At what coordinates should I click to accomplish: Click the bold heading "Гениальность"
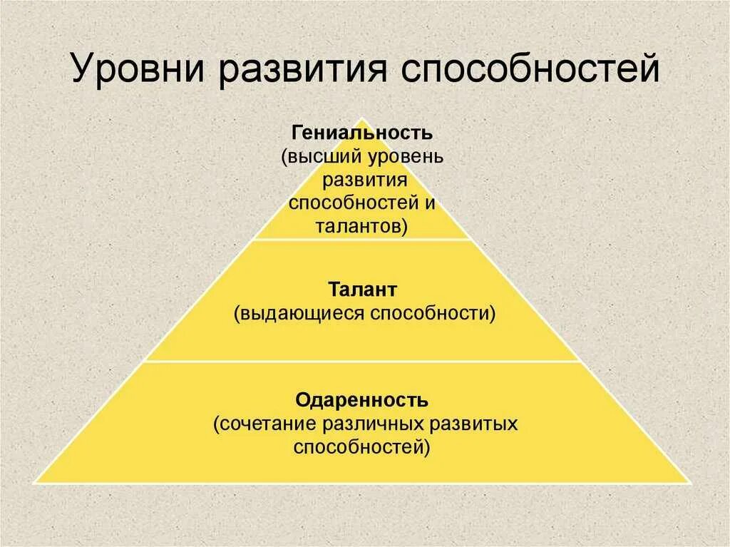(362, 133)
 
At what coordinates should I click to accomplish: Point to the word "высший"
(319, 156)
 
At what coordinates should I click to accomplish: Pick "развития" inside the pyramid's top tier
(363, 179)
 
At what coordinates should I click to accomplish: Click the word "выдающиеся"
(299, 314)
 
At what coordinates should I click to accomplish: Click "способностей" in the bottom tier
(362, 447)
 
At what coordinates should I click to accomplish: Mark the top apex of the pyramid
(363, 119)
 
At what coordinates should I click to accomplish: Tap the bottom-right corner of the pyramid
(691, 483)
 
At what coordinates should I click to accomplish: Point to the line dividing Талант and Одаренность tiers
(362, 361)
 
